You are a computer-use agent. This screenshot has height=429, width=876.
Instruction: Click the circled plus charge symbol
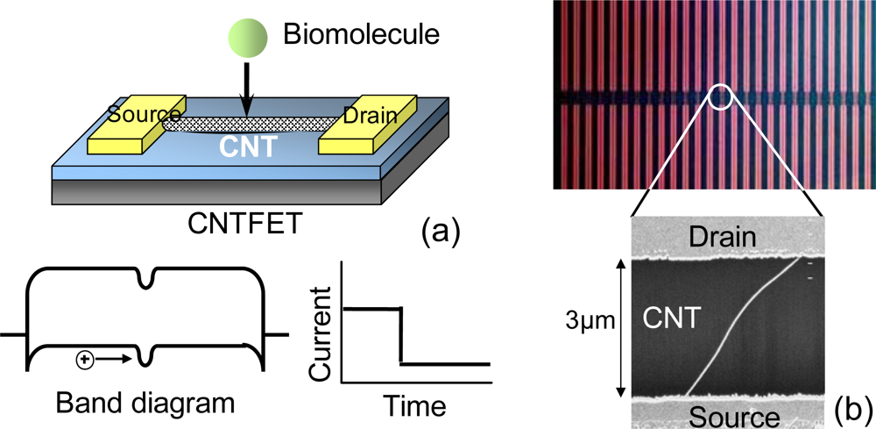pyautogui.click(x=86, y=358)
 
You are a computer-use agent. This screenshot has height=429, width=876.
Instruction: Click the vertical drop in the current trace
pyautogui.click(x=401, y=335)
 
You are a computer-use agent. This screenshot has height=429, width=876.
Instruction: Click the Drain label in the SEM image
pyautogui.click(x=726, y=234)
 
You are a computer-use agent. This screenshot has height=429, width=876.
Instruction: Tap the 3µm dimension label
pyautogui.click(x=590, y=325)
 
